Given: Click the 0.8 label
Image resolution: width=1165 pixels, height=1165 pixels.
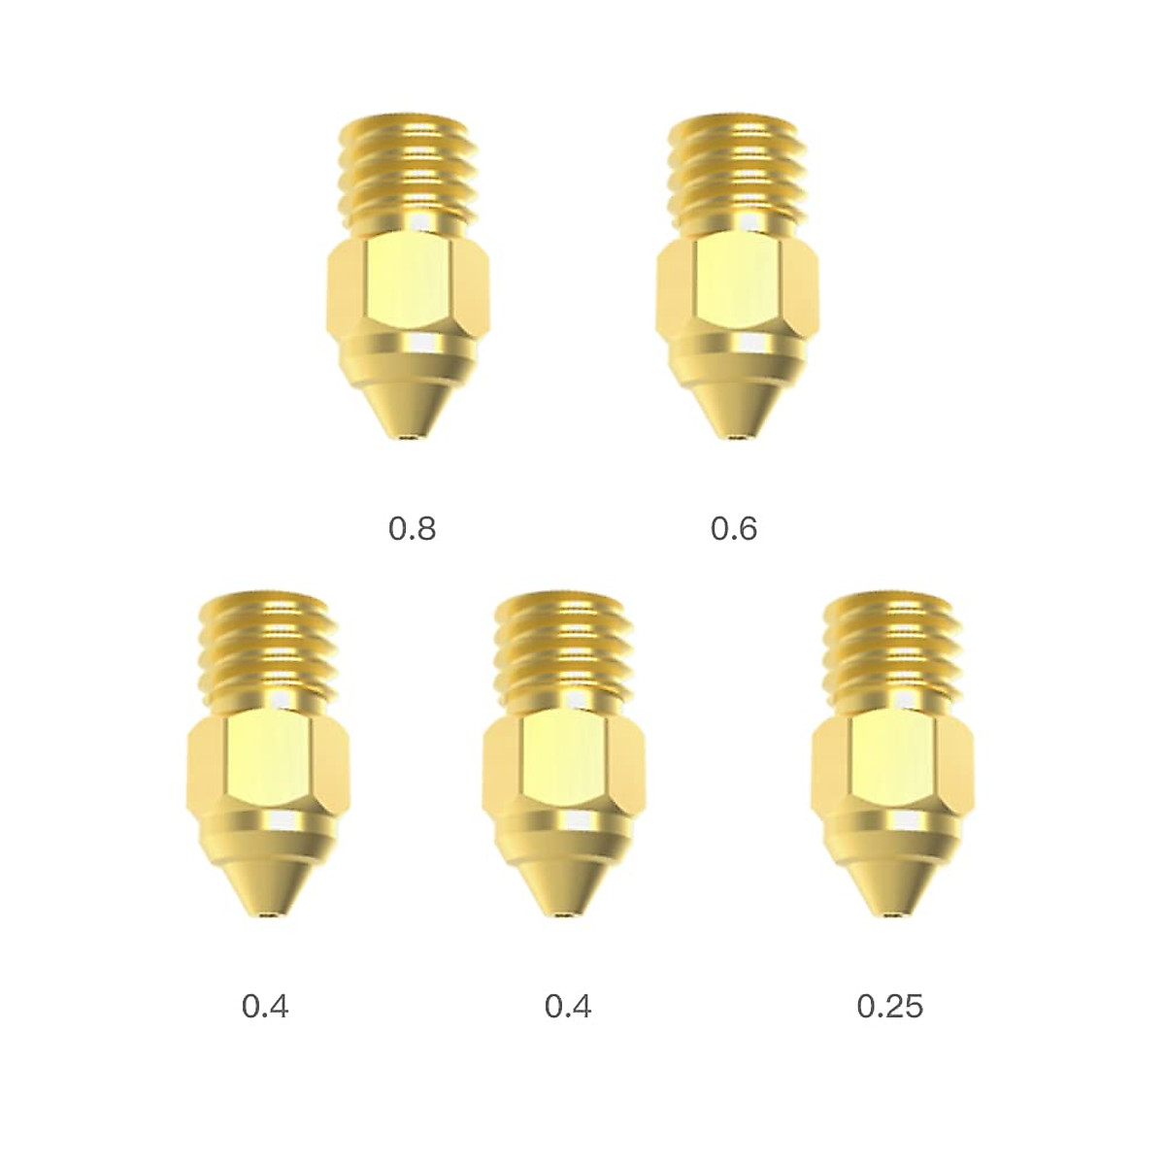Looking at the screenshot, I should tap(413, 529).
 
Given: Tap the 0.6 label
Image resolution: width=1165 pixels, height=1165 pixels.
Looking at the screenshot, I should tap(734, 529).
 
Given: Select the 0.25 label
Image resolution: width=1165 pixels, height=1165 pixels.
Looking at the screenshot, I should tap(889, 1006).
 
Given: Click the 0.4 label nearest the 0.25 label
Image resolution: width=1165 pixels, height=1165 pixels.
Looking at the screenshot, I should tap(568, 1006).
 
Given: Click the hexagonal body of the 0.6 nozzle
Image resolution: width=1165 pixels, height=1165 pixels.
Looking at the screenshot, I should tap(735, 286).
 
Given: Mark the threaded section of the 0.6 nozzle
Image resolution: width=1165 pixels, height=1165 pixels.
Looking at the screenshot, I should tap(735, 175).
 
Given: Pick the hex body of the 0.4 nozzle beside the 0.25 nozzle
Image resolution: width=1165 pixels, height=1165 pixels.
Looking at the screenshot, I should tap(564, 762).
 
